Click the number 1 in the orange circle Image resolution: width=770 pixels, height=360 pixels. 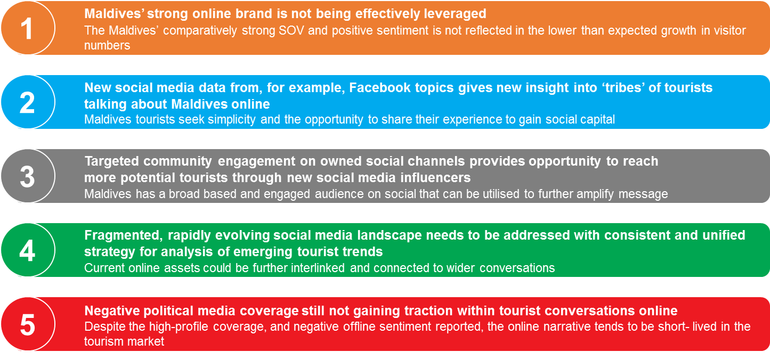coord(27,29)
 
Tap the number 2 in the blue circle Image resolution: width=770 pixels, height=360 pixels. coord(27,103)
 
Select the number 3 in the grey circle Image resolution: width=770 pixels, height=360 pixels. coord(27,177)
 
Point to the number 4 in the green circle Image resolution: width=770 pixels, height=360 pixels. coord(27,251)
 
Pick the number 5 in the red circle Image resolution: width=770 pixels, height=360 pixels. coord(28,325)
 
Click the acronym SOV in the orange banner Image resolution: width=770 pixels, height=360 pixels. coord(291,30)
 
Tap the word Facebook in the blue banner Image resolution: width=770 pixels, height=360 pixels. coord(380,87)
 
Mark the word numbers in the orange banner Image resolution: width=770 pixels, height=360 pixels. coord(107,46)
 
